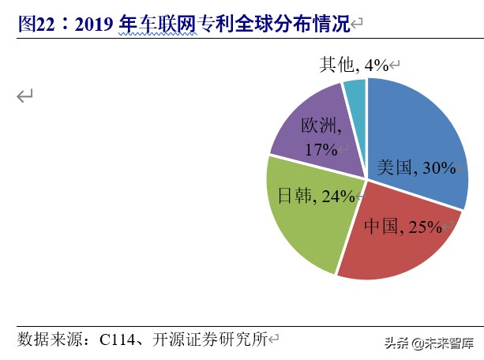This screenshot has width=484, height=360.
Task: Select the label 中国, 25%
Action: tap(403, 227)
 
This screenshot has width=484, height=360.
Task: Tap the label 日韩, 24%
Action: tap(316, 196)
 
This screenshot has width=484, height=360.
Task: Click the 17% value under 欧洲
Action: tap(320, 148)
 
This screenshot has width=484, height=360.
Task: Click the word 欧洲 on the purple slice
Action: tap(320, 126)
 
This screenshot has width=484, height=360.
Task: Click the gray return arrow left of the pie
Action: tap(25, 96)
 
